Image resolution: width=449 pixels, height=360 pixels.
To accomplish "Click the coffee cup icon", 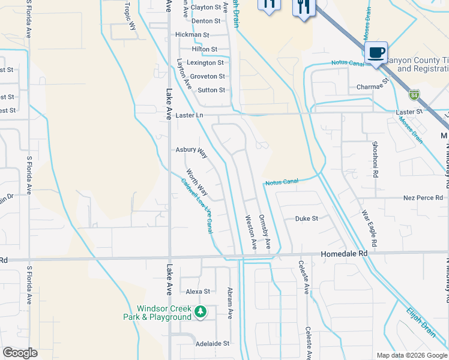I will [x=376, y=52].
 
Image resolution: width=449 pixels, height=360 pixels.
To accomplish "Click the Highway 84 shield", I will [x=414, y=95].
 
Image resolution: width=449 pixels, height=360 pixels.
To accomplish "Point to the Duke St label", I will [x=306, y=219].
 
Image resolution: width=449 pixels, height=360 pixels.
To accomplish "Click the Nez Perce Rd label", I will [x=423, y=197].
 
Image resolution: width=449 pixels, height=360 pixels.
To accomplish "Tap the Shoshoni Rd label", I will [x=375, y=158].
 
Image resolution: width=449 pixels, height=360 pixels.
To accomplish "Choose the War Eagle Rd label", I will [x=370, y=229].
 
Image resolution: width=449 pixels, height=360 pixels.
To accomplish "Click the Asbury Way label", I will [x=191, y=152].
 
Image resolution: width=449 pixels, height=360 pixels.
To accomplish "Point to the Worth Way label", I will [x=196, y=182].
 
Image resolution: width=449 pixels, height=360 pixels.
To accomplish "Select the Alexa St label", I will [x=198, y=292].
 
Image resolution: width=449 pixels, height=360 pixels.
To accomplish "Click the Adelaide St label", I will [x=212, y=344].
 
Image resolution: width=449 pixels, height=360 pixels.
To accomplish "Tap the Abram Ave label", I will [x=229, y=302].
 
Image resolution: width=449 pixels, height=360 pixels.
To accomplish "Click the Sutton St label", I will [x=211, y=90].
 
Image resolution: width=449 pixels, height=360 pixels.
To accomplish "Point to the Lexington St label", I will [x=205, y=62].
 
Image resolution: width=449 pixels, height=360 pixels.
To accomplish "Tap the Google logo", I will [x=20, y=353].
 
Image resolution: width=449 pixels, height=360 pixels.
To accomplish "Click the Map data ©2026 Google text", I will [x=411, y=355].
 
